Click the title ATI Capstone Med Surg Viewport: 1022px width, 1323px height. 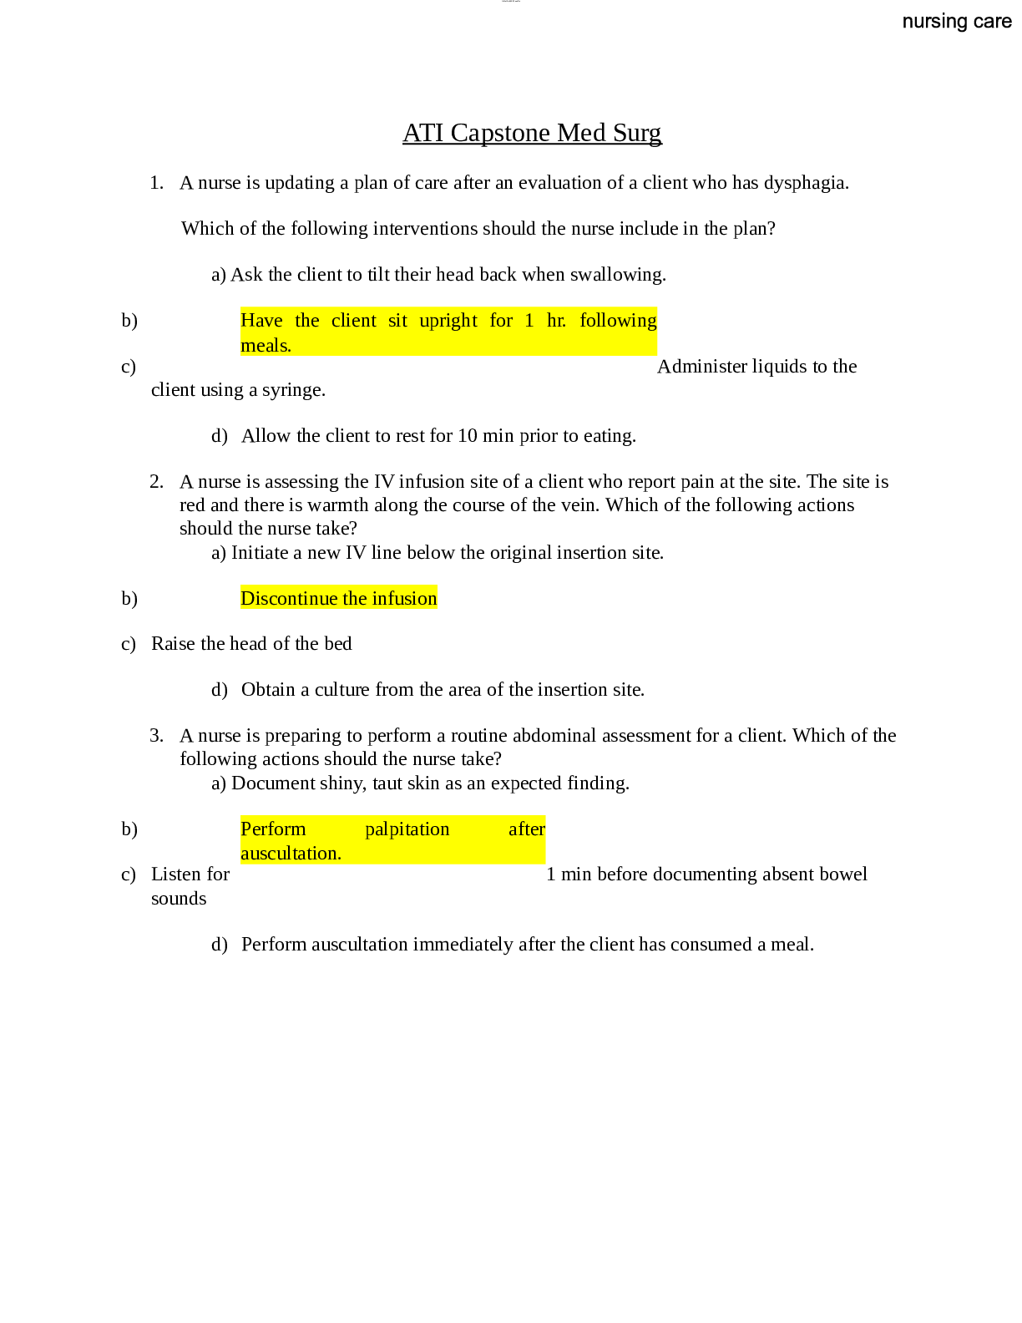tap(532, 133)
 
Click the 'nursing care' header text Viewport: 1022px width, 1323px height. tap(957, 22)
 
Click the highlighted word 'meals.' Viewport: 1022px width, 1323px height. tap(266, 346)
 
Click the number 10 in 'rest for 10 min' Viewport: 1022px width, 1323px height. tap(468, 436)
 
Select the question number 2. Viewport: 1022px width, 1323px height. tap(156, 482)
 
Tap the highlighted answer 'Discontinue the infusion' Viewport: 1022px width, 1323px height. tap(338, 598)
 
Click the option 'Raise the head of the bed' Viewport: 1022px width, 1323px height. tap(251, 644)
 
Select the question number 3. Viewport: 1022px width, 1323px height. tap(156, 736)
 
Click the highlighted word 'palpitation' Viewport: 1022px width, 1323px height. tap(407, 829)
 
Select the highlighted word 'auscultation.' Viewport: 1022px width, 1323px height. tap(291, 854)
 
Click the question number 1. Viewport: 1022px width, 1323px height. tap(156, 183)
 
